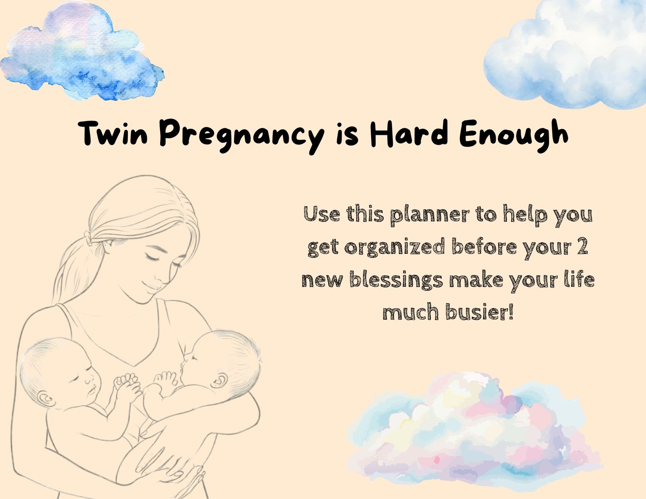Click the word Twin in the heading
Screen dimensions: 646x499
click(x=113, y=133)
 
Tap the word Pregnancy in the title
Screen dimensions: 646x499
click(x=242, y=136)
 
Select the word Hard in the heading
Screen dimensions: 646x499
click(x=409, y=133)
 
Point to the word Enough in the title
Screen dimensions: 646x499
click(x=513, y=136)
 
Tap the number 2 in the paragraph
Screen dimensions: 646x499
click(x=583, y=246)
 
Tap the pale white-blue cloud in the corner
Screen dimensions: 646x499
click(x=566, y=53)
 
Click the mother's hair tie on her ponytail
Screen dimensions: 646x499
click(x=88, y=238)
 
